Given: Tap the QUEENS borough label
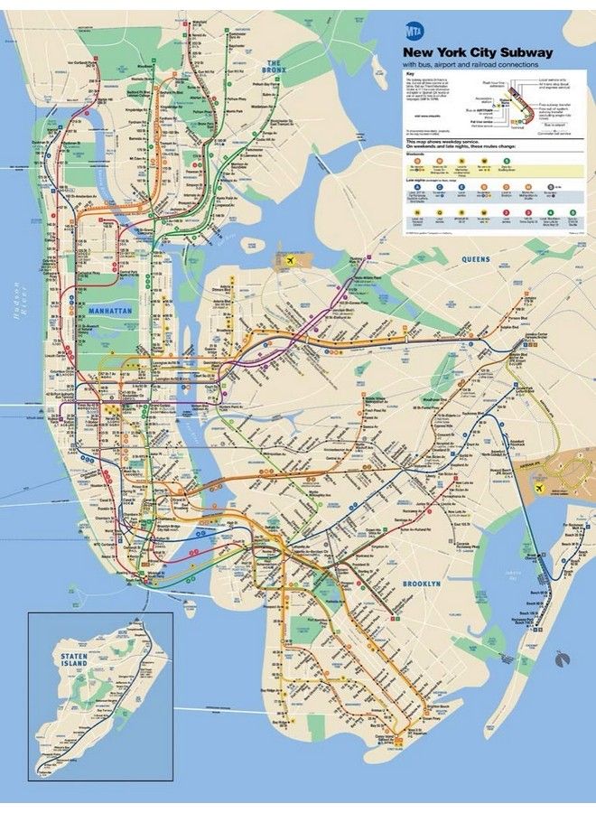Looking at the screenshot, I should coord(476,259).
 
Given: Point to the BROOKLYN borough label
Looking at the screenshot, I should coord(422,584).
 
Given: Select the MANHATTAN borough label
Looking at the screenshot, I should coord(110,310).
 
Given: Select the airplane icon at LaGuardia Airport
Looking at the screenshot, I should coord(291,261).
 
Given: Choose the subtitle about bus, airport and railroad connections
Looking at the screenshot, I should coord(470,65).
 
